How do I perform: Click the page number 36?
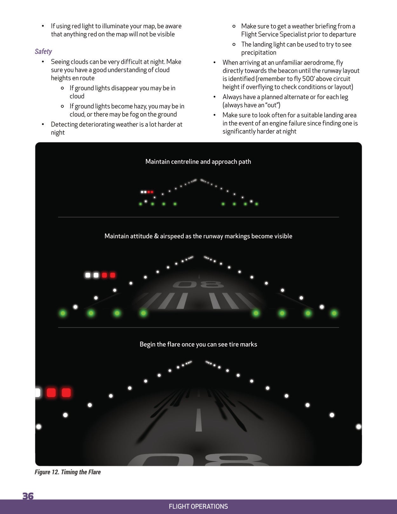[28, 496]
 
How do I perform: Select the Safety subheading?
[43, 51]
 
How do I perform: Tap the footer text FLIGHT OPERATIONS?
[198, 506]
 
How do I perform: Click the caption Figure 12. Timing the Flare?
[68, 472]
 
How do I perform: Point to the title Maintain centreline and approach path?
[198, 161]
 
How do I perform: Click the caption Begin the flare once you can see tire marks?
[198, 344]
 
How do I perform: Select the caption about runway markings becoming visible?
[198, 236]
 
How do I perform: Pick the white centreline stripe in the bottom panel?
[198, 420]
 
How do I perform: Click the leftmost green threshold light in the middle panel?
[63, 313]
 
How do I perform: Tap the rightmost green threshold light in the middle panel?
[334, 313]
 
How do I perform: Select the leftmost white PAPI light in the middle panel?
[88, 275]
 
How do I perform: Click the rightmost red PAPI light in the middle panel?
[112, 275]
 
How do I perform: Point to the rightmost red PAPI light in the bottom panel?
[66, 393]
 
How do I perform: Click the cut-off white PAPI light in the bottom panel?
[37, 393]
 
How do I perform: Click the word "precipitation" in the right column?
[259, 52]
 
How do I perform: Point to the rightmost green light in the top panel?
[257, 204]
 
